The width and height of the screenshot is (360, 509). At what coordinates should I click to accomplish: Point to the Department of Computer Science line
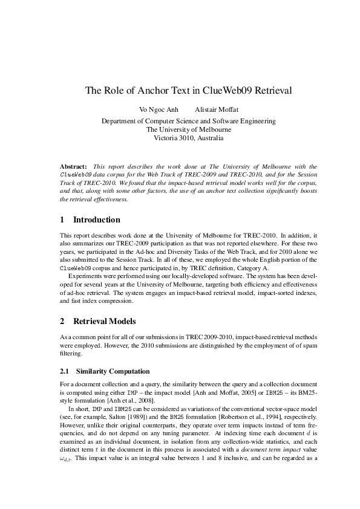(188, 121)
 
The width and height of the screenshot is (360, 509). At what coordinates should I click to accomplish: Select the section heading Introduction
(96, 220)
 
